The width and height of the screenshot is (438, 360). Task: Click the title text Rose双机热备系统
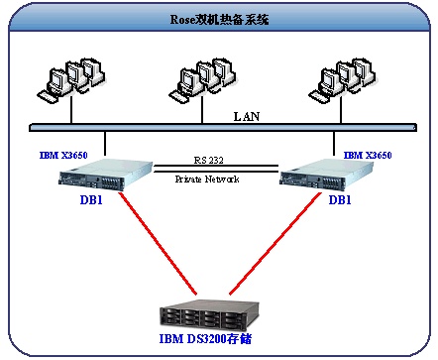pyautogui.click(x=219, y=20)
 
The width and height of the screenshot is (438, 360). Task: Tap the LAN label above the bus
pyautogui.click(x=247, y=116)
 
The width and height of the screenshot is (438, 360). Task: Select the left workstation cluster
pyautogui.click(x=70, y=80)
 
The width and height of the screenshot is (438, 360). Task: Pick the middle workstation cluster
pyautogui.click(x=202, y=80)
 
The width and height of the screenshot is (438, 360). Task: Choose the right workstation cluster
pyautogui.click(x=342, y=80)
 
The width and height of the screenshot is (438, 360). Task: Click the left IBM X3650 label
pyautogui.click(x=63, y=155)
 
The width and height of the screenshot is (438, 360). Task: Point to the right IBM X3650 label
pyautogui.click(x=368, y=155)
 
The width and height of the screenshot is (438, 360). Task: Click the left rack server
pyautogui.click(x=106, y=175)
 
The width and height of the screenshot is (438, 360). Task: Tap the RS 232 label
pyautogui.click(x=208, y=161)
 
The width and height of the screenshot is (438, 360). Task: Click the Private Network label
pyautogui.click(x=207, y=180)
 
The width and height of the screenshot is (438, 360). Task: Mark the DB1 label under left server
pyautogui.click(x=91, y=200)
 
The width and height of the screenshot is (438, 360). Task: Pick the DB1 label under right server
pyautogui.click(x=340, y=200)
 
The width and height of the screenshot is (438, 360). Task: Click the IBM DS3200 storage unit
pyautogui.click(x=209, y=315)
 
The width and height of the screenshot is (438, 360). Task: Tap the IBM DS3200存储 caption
pyautogui.click(x=205, y=339)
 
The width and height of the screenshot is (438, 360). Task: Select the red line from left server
pyautogui.click(x=158, y=243)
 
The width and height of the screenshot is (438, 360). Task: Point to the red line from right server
pyautogui.click(x=274, y=243)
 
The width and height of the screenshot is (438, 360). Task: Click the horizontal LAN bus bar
pyautogui.click(x=223, y=128)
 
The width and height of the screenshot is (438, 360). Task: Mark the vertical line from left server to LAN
pyautogui.click(x=105, y=144)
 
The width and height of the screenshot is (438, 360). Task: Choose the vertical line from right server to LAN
pyautogui.click(x=334, y=144)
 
